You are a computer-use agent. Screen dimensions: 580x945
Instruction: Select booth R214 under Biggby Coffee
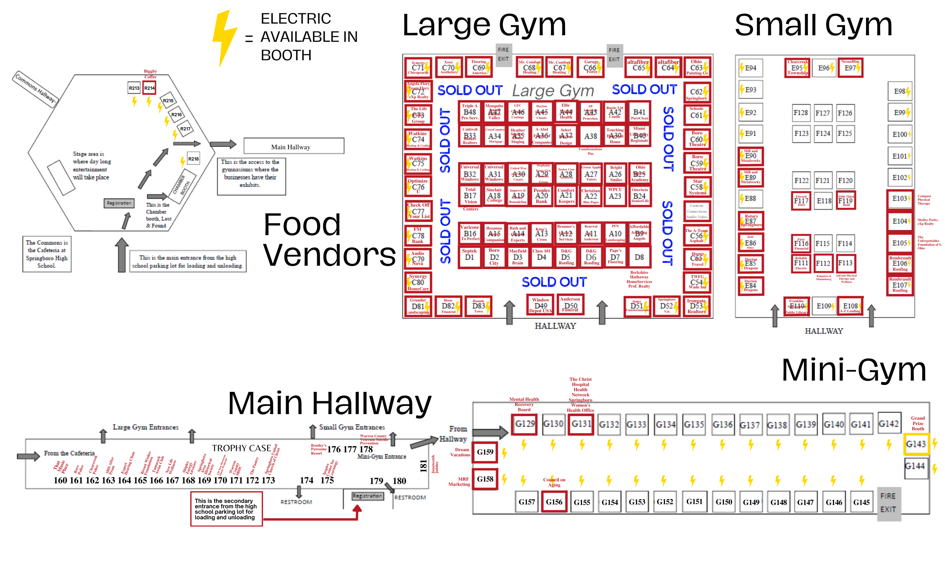149,88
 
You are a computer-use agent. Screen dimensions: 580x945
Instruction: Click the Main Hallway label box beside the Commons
294,146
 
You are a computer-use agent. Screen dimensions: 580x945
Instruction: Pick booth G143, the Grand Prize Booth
916,444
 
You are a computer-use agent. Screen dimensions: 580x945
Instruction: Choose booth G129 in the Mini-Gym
524,424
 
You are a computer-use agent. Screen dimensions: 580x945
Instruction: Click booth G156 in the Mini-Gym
554,502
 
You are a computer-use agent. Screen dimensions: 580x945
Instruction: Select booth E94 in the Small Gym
750,68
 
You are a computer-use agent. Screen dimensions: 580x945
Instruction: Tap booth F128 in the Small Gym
801,113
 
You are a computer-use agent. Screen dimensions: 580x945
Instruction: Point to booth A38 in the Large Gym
590,136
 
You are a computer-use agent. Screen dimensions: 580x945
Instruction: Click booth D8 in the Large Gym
639,257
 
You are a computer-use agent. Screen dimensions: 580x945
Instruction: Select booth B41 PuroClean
639,112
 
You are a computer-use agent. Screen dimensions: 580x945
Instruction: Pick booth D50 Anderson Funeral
570,305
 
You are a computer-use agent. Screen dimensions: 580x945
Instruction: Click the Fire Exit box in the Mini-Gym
888,503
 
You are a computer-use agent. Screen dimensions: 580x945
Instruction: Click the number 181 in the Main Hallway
423,465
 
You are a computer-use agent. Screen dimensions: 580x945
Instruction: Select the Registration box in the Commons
119,203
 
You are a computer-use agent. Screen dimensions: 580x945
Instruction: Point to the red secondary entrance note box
226,509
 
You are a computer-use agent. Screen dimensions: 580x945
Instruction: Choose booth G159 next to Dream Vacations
485,452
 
